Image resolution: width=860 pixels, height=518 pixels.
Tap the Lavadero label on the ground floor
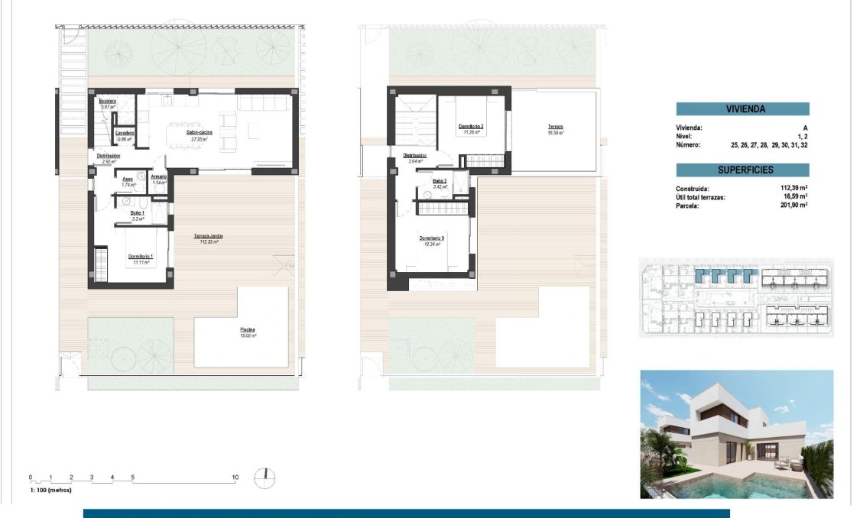(x=125, y=133)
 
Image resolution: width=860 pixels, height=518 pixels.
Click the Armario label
(x=159, y=178)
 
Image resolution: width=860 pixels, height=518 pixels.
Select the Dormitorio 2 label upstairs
(x=471, y=127)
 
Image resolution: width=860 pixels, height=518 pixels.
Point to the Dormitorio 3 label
(x=431, y=239)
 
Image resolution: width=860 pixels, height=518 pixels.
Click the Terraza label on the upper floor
(x=555, y=128)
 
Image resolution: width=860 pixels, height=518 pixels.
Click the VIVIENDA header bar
(x=742, y=109)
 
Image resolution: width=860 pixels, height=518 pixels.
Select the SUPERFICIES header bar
(x=742, y=170)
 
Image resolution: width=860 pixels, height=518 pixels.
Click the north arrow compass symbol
(x=264, y=478)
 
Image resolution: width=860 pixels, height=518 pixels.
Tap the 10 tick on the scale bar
(x=235, y=478)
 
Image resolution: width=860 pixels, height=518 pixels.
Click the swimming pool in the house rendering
(x=703, y=483)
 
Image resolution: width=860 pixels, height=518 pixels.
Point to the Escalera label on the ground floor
(x=107, y=101)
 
